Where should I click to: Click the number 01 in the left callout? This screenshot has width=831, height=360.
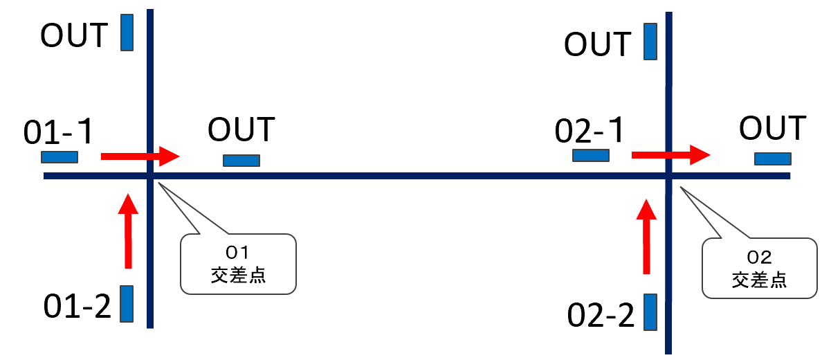237,253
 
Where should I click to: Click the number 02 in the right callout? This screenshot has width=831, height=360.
759,258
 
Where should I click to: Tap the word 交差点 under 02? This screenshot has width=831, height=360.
759,280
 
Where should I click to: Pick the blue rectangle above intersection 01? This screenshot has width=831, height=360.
127,33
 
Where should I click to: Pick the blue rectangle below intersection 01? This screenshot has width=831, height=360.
127,303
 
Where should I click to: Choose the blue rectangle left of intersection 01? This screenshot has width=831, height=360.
60,156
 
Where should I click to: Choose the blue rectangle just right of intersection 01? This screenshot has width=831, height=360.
241,161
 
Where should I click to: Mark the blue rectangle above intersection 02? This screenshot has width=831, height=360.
650,42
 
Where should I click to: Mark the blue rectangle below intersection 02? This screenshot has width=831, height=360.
650,312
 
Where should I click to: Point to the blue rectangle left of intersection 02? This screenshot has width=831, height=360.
591,155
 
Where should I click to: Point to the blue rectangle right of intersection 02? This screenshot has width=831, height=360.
772,159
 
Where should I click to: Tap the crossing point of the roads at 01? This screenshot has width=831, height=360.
149,176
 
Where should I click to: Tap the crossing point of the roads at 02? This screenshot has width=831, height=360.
668,176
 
